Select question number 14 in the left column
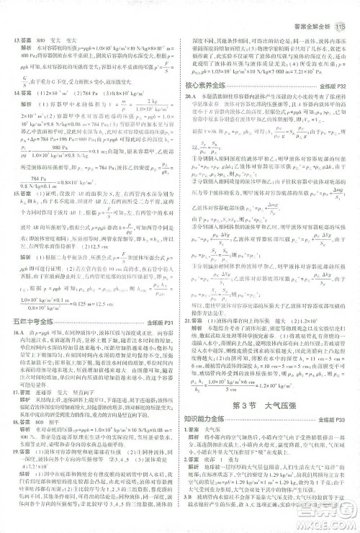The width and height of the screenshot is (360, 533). tap(12, 94)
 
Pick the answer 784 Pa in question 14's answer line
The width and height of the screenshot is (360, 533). tap(68, 94)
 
